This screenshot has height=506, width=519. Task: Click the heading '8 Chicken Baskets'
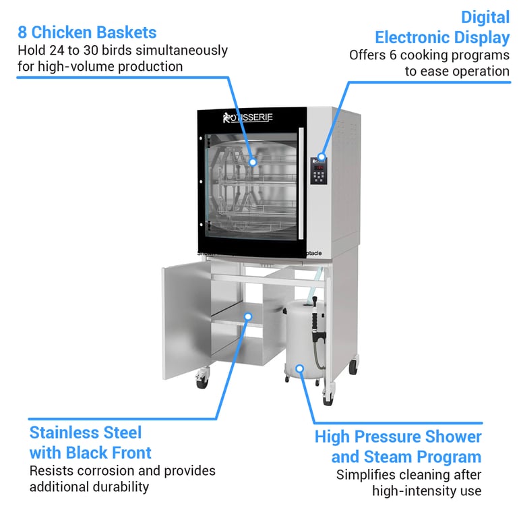pyautogui.click(x=87, y=32)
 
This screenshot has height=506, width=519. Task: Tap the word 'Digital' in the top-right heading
pyautogui.click(x=485, y=16)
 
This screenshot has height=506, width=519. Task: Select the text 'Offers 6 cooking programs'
pyautogui.click(x=429, y=55)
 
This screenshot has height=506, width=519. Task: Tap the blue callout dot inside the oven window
pyautogui.click(x=253, y=162)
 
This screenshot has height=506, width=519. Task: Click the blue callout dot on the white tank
pyautogui.click(x=300, y=368)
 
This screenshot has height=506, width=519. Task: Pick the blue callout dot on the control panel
pyautogui.click(x=322, y=157)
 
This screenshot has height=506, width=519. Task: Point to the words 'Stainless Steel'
pyautogui.click(x=86, y=432)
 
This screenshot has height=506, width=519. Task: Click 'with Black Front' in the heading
pyautogui.click(x=90, y=452)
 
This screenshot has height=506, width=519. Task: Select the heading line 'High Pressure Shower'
pyautogui.click(x=398, y=437)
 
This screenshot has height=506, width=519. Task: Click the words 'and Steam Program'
pyautogui.click(x=406, y=457)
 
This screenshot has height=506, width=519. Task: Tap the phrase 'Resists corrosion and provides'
pyautogui.click(x=123, y=470)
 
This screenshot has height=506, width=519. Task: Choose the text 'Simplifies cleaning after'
pyautogui.click(x=408, y=475)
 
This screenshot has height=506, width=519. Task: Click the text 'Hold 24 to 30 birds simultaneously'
pyautogui.click(x=122, y=51)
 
